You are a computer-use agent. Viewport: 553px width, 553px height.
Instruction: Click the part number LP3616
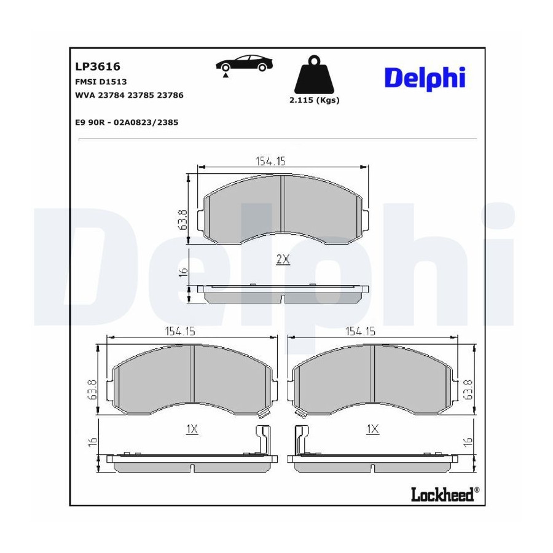click(98, 66)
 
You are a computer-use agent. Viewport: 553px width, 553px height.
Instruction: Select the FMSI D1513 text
click(101, 82)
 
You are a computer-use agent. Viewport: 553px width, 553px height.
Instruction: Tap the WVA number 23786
click(170, 95)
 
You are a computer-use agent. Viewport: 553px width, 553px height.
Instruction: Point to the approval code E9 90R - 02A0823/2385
click(127, 122)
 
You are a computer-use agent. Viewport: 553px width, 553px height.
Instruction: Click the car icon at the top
click(244, 63)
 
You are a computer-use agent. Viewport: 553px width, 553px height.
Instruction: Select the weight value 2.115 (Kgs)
click(314, 100)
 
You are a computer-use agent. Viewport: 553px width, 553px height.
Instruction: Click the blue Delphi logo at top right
click(425, 77)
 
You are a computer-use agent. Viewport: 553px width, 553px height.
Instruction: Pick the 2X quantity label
click(283, 259)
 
